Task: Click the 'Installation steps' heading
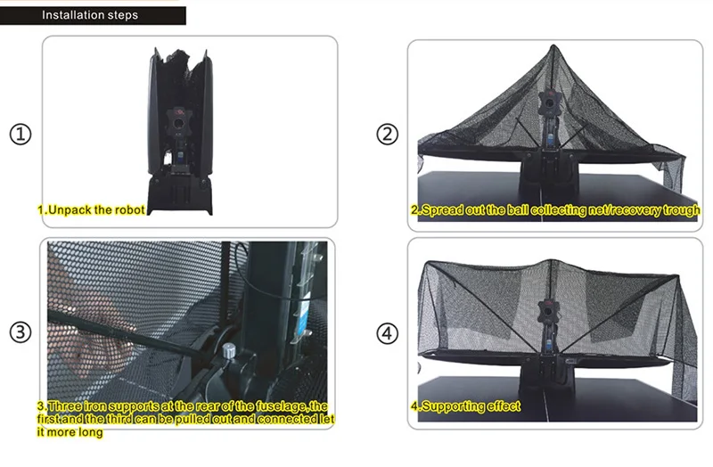[x=90, y=15]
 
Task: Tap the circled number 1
[x=20, y=135]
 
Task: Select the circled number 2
[x=387, y=135]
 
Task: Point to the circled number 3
[x=20, y=332]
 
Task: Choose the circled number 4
[x=387, y=333]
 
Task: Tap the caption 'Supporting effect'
[x=471, y=406]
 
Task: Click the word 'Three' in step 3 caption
[x=64, y=406]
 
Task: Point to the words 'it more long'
[x=70, y=431]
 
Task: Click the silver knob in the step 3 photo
[x=229, y=350]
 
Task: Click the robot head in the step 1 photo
[x=178, y=122]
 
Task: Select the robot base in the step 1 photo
[x=180, y=194]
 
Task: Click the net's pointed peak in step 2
[x=553, y=45]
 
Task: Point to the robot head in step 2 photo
[x=549, y=102]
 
